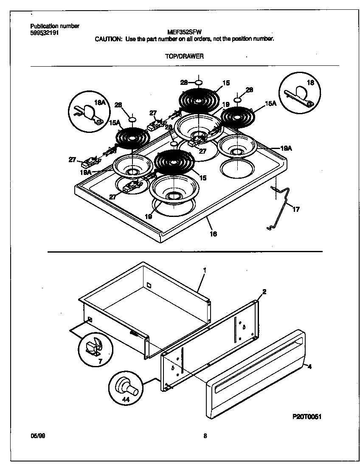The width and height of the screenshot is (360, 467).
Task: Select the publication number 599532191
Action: coord(45,32)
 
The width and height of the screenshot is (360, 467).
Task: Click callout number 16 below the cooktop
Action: coord(213,233)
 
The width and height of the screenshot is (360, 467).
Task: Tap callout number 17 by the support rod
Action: coord(296,209)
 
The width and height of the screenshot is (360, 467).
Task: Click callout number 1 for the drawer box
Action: coord(205,270)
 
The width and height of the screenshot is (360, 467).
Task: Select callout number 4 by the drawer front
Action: coord(309,366)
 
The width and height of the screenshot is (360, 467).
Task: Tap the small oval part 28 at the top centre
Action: coord(199,82)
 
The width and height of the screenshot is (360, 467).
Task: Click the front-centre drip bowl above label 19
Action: coord(174,190)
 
